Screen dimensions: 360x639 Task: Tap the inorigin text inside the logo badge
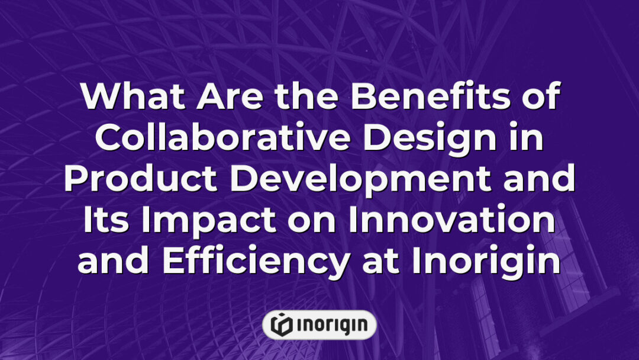tap(330, 324)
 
